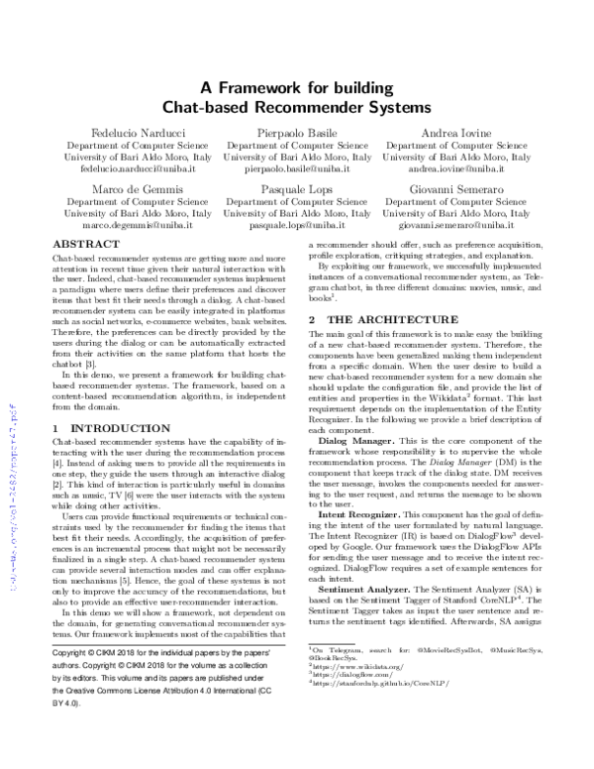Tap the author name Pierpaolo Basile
pyautogui.click(x=297, y=131)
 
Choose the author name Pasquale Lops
pyautogui.click(x=297, y=188)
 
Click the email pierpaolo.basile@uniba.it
pyautogui.click(x=297, y=169)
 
